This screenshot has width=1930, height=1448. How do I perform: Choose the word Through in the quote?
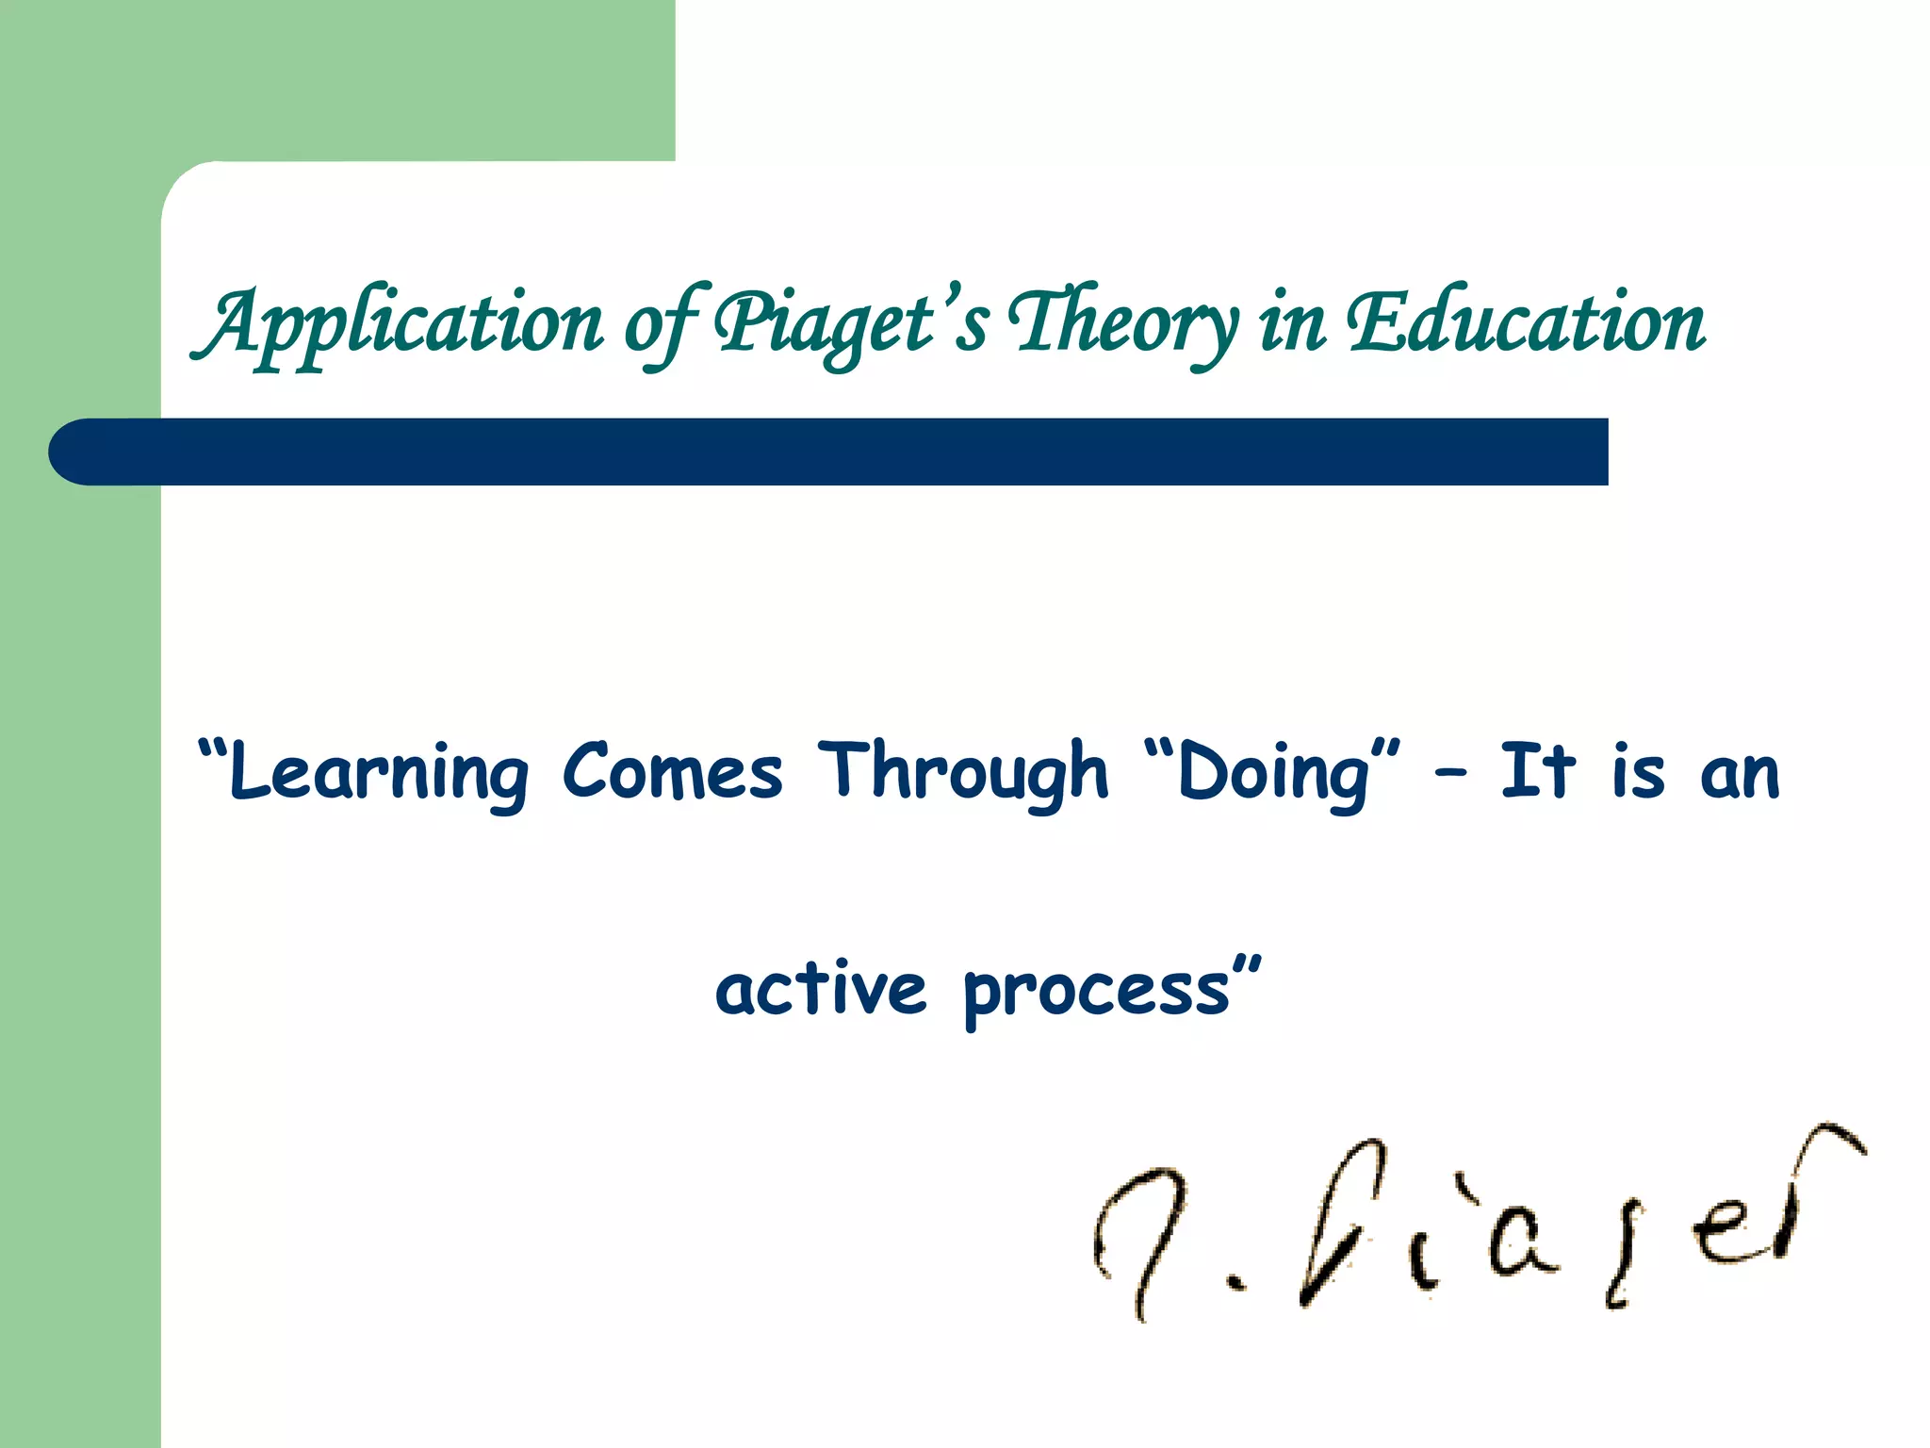tap(963, 771)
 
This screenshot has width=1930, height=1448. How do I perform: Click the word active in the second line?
tap(821, 989)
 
